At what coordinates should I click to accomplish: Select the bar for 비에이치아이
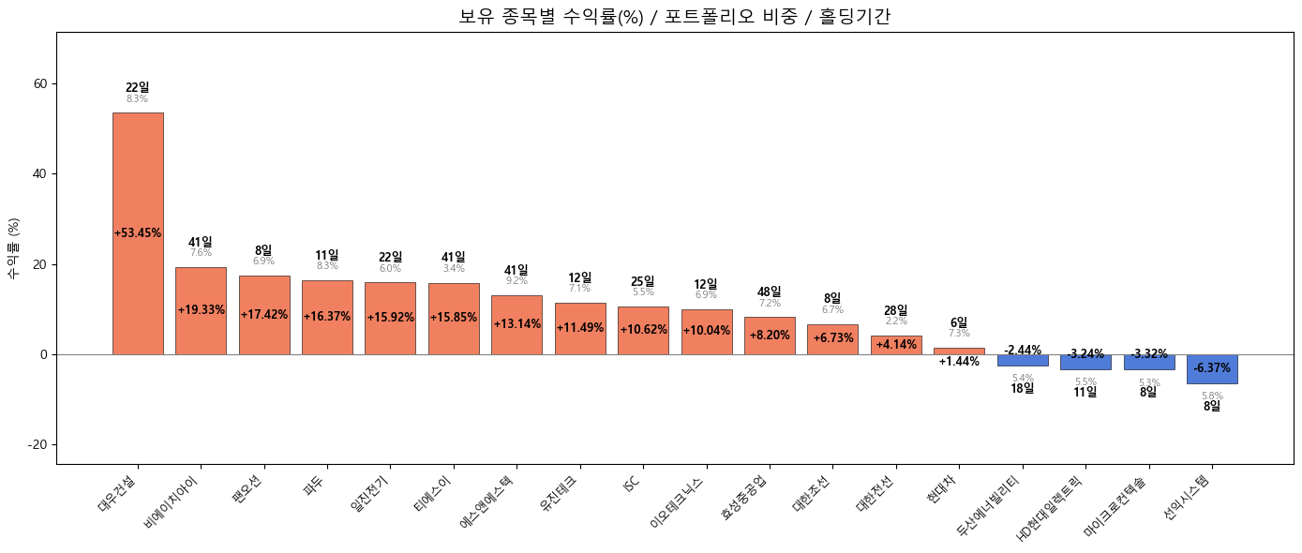(x=201, y=281)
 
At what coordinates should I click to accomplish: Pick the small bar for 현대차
(x=959, y=351)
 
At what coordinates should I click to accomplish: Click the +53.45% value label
(x=138, y=233)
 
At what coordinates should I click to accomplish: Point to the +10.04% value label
(x=706, y=331)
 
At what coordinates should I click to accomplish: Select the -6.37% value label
(x=1212, y=368)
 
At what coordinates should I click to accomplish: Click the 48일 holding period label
(x=769, y=292)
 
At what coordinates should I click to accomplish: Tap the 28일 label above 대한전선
(x=895, y=311)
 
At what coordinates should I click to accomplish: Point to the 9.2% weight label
(x=516, y=281)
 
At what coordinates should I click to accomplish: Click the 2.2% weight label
(x=895, y=321)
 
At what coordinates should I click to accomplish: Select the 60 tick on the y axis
(x=40, y=83)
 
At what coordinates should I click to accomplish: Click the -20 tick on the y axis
(x=37, y=444)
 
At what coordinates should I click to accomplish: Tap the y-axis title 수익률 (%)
(x=14, y=248)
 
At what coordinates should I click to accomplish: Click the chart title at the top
(x=674, y=16)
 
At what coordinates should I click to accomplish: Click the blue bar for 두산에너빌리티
(x=1023, y=361)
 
